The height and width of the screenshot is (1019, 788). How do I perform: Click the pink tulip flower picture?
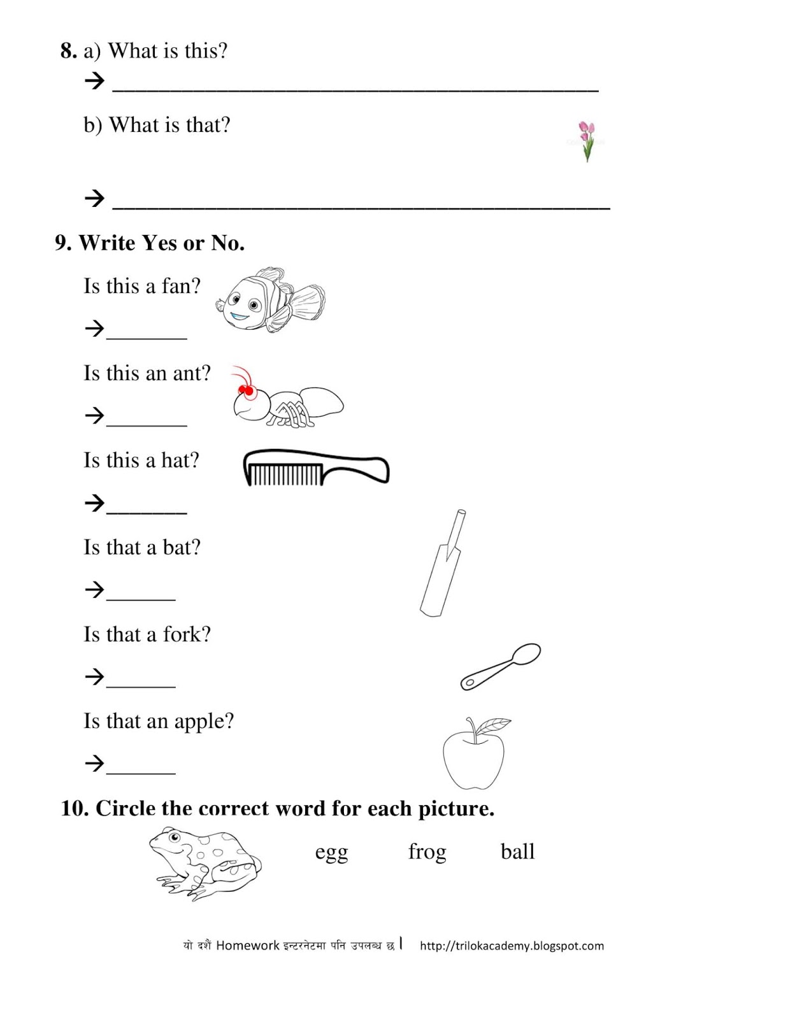[586, 140]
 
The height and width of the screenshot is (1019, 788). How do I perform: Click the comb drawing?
[315, 467]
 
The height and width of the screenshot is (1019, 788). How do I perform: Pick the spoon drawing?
[501, 666]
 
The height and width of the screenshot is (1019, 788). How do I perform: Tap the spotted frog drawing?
[204, 863]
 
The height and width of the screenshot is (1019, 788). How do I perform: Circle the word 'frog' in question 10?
[427, 852]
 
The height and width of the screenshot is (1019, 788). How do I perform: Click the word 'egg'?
[331, 853]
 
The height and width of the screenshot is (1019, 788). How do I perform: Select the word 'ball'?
[517, 852]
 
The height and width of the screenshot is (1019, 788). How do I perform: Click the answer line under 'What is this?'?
[355, 87]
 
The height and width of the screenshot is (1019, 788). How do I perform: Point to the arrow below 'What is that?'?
[94, 198]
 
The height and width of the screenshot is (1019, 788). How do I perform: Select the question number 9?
[62, 243]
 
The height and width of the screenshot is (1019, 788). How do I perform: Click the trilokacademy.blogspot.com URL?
[512, 946]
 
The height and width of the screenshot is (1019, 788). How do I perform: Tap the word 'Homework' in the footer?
[247, 946]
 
